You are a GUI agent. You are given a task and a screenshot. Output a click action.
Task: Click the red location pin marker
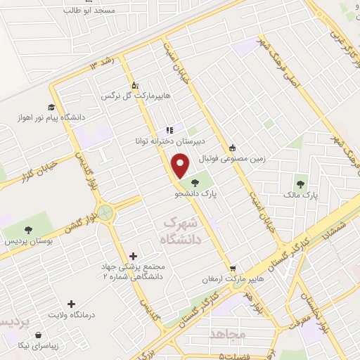pos(181,166)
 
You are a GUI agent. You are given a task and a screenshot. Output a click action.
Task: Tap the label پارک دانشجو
pos(200,191)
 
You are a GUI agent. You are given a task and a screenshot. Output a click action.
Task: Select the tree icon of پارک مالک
pos(301,184)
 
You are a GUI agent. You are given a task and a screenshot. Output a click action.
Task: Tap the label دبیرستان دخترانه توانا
pos(148,141)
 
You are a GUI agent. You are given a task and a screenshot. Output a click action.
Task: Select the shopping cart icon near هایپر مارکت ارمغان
pos(233,267)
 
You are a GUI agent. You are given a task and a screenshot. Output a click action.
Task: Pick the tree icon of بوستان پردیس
pos(28,230)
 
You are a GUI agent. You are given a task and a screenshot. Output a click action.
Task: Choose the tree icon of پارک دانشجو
pos(195,182)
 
